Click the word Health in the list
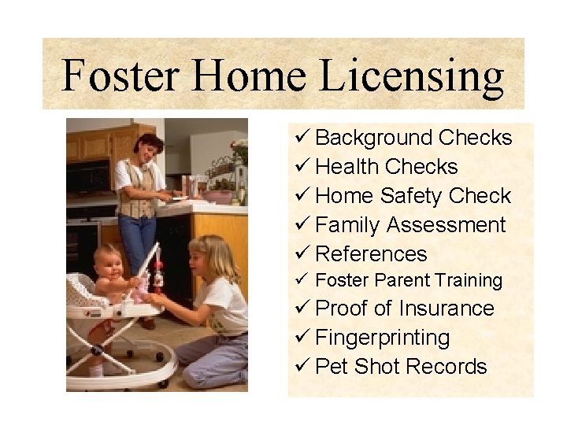347,167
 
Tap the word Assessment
453,225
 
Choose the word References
371,254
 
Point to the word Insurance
447,309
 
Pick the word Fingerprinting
383,338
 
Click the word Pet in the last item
332,367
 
